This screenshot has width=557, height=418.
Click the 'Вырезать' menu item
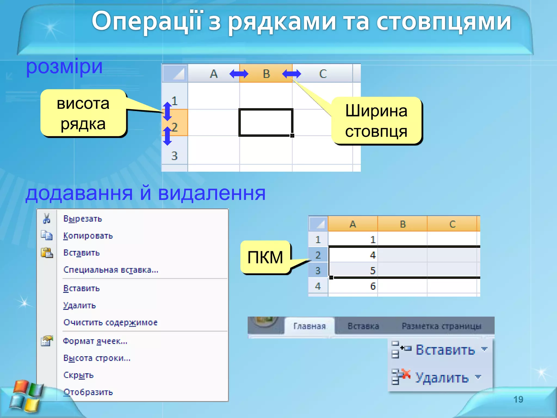83,219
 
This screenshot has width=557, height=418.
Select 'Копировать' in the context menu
88,236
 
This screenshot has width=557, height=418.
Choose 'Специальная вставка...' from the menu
111,270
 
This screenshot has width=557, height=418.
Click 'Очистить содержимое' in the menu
110,322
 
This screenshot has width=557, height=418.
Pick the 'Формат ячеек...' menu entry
95,341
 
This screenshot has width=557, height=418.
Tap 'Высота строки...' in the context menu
97,358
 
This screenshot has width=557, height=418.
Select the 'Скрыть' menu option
78,375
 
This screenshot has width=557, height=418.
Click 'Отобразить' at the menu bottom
88,392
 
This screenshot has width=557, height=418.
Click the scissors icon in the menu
47,219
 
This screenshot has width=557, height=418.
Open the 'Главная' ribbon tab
310,326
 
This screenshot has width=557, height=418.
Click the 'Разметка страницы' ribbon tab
441,326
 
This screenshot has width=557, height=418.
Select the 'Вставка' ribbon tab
363,326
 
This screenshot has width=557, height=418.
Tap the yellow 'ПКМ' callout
265,257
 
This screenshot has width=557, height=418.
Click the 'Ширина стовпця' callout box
376,121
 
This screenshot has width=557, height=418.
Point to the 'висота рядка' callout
83,113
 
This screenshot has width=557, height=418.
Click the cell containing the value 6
353,286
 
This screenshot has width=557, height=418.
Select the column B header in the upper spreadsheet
266,74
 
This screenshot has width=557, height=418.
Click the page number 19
518,399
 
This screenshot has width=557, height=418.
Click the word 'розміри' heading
64,67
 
